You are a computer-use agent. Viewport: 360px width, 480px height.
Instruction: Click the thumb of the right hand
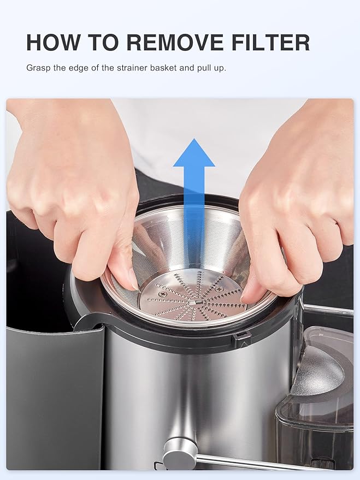point(254,289)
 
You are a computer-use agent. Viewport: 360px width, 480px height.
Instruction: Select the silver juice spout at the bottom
point(181,451)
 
